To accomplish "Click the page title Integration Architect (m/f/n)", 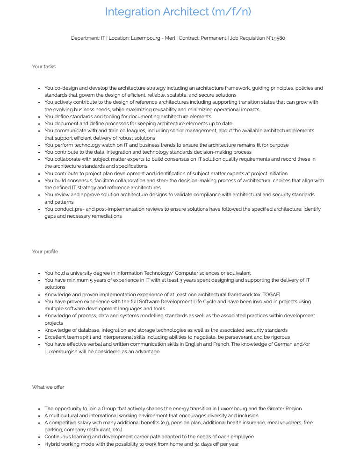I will [x=178, y=12].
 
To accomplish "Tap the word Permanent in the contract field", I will [x=214, y=38].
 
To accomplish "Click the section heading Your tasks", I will [x=44, y=66].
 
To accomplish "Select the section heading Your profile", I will [x=45, y=251].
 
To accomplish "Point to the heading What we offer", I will [x=48, y=387].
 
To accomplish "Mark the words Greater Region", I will [x=283, y=408].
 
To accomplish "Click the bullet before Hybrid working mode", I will [x=38, y=444].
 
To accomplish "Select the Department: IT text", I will [x=88, y=38].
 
